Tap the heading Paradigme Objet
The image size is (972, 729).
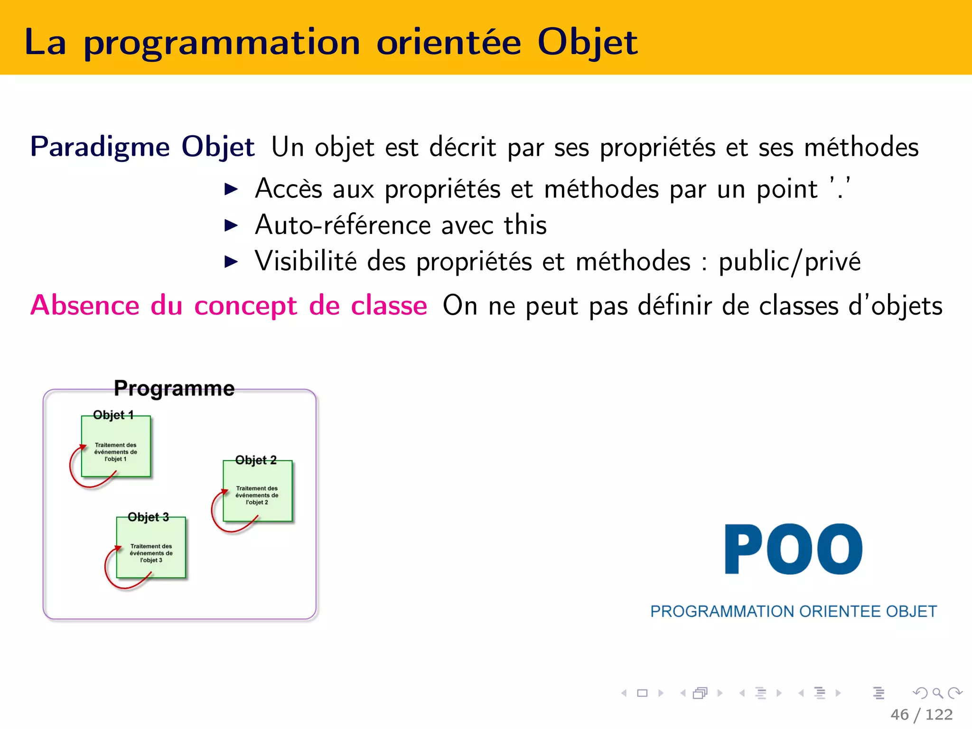tap(142, 147)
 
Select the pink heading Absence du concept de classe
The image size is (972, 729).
tap(229, 305)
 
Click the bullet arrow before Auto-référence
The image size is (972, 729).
tap(231, 225)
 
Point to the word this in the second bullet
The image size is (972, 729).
tap(525, 225)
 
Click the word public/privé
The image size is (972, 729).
tap(789, 262)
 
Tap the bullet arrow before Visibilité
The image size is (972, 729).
tap(231, 262)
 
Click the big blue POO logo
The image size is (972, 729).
tap(793, 549)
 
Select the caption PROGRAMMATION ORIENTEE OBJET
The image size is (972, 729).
tap(793, 611)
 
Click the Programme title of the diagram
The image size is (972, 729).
tap(174, 388)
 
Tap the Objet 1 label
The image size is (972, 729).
tap(113, 415)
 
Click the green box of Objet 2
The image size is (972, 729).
tap(258, 494)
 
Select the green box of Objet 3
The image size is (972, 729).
tap(151, 551)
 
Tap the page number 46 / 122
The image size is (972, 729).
tap(921, 714)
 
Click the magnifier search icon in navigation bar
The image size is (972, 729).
tap(937, 693)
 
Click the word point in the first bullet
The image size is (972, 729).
tap(787, 189)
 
